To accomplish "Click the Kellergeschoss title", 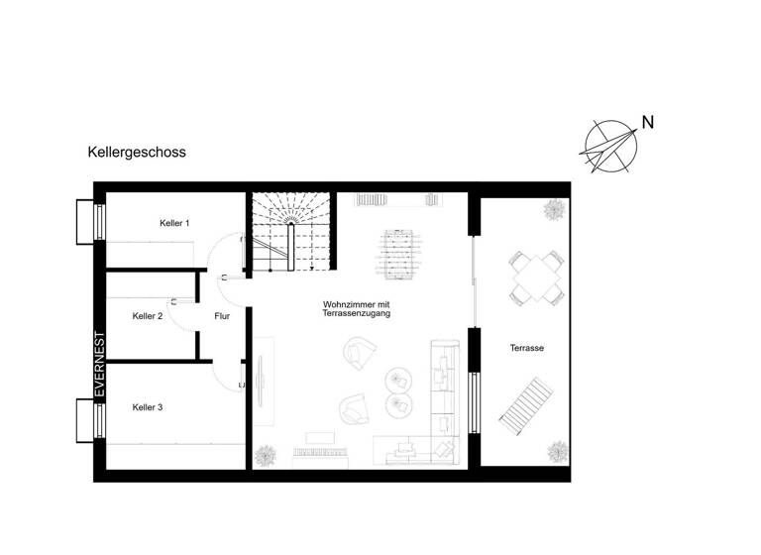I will pyautogui.click(x=137, y=153).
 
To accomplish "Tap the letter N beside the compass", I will pyautogui.click(x=647, y=124).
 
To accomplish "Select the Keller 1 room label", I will pyautogui.click(x=174, y=224).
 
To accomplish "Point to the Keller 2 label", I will pyautogui.click(x=148, y=316).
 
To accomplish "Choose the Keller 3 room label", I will pyautogui.click(x=148, y=407).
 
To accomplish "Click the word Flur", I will pyautogui.click(x=222, y=316).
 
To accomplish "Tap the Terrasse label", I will pyautogui.click(x=526, y=349).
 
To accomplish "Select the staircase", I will pyautogui.click(x=291, y=234).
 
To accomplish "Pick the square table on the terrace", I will pyautogui.click(x=536, y=277).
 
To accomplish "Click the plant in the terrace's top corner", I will pyautogui.click(x=551, y=210).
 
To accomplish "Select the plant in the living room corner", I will pyautogui.click(x=266, y=456).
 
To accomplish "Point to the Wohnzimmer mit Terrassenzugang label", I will pyautogui.click(x=358, y=308).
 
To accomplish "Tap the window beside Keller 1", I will pyautogui.click(x=86, y=221).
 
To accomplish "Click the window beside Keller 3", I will pyautogui.click(x=86, y=419).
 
